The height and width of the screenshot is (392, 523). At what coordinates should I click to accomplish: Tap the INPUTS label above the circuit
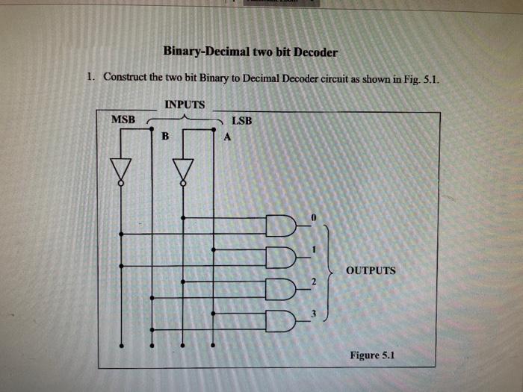pos(185,104)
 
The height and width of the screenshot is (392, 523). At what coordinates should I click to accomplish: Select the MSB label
pos(123,119)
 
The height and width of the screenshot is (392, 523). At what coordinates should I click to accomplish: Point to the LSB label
pos(242,119)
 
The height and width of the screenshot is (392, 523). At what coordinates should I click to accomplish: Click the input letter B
pos(165,137)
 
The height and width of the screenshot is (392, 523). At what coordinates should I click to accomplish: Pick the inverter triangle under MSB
pos(120,169)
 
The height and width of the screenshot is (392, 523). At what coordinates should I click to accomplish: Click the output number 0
pos(315,217)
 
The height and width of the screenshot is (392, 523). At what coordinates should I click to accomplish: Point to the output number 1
pos(315,249)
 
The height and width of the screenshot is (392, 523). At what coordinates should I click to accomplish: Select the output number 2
pos(315,281)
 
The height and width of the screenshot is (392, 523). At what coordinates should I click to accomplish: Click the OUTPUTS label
pos(371,270)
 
